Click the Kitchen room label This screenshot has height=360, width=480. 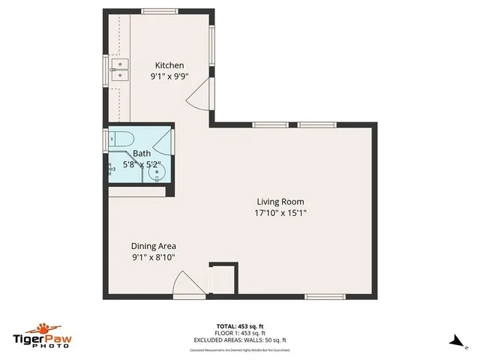coord(169,65)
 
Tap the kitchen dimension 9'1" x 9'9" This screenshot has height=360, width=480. coord(169,76)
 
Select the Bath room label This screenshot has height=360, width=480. coord(142,153)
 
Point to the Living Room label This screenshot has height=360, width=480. coord(280,201)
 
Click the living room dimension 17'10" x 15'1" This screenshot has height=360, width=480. coord(280,212)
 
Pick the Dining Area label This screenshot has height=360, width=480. coord(154,246)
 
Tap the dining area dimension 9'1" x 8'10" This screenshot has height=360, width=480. coord(154,257)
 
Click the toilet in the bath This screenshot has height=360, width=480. coord(121,139)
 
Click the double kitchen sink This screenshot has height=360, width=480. coord(119,70)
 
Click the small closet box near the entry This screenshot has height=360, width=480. coord(223,280)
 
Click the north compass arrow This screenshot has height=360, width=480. coord(454,341)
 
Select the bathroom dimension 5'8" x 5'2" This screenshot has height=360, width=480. coord(142,163)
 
